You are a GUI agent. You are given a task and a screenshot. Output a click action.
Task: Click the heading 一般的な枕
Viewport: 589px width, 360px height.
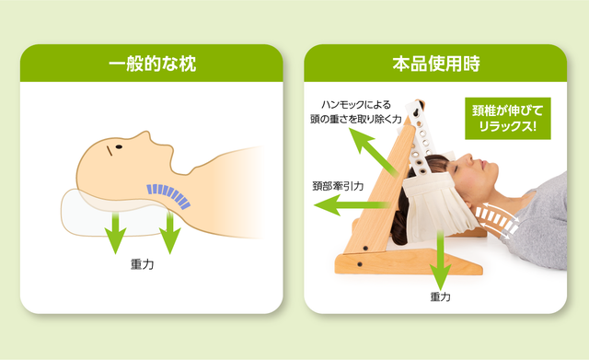pyautogui.click(x=152, y=64)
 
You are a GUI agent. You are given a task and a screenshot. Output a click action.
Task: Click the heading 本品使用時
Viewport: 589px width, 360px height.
pyautogui.click(x=436, y=64)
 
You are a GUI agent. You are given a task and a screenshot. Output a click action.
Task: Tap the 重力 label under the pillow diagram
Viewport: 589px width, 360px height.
pyautogui.click(x=142, y=264)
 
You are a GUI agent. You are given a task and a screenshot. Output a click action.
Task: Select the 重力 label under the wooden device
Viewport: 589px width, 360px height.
pyautogui.click(x=440, y=296)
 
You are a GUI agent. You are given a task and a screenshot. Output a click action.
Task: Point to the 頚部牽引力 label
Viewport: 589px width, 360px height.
pyautogui.click(x=338, y=186)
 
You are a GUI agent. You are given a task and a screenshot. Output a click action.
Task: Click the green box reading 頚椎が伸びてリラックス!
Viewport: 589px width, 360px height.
pyautogui.click(x=508, y=119)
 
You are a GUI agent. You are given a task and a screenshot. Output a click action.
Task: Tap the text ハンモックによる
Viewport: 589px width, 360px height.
pyautogui.click(x=356, y=104)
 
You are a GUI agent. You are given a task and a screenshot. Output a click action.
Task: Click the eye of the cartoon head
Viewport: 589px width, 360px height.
pyautogui.click(x=119, y=147)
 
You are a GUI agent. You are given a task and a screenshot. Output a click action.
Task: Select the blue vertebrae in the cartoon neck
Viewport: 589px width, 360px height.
pyautogui.click(x=168, y=195)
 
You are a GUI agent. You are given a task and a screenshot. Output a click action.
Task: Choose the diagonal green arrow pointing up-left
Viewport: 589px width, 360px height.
pyautogui.click(x=373, y=152)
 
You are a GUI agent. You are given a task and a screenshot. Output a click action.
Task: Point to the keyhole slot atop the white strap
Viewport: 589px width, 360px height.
pyautogui.click(x=417, y=113)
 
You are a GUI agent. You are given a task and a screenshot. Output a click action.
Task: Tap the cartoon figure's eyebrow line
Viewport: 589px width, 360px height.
pyautogui.click(x=110, y=151)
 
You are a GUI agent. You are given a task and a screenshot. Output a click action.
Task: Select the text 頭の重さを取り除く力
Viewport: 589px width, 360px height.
pyautogui.click(x=356, y=120)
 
